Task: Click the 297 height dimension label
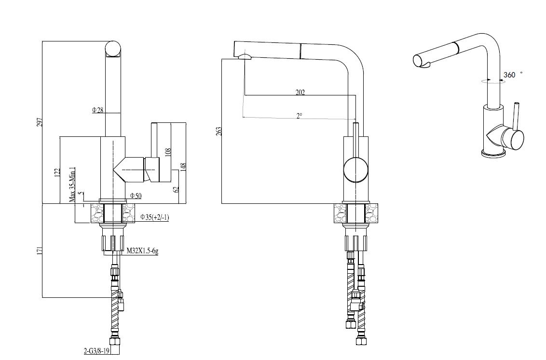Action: (x=40, y=122)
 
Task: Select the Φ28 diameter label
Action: (x=98, y=110)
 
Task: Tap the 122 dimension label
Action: (x=58, y=173)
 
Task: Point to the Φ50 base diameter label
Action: (x=136, y=196)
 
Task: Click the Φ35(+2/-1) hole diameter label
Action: (x=155, y=217)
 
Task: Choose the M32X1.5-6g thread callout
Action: (x=143, y=251)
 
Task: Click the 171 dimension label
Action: (x=40, y=251)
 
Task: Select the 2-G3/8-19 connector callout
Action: (x=96, y=351)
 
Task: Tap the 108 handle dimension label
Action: (x=168, y=152)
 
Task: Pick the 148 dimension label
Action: (x=183, y=167)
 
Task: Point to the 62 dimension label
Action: (x=176, y=189)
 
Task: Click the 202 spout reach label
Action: (x=300, y=92)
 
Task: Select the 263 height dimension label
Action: (x=219, y=131)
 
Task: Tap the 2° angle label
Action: (x=300, y=116)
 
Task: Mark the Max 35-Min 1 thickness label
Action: (x=72, y=185)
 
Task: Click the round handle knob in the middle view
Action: (x=355, y=169)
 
